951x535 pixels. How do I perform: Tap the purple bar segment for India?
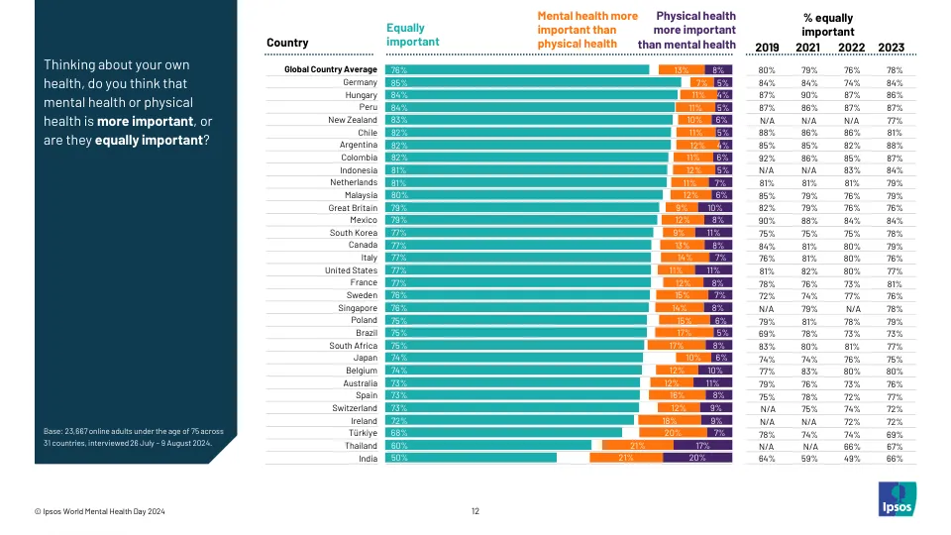698,458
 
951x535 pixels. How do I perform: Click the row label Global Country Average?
331,69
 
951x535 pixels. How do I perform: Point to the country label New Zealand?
353,120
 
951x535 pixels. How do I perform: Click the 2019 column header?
767,47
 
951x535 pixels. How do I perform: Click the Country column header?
287,43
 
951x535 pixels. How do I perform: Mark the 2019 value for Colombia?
767,158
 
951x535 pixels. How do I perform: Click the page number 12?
475,511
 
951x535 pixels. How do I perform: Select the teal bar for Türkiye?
503,433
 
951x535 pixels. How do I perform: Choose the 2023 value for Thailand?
896,445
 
